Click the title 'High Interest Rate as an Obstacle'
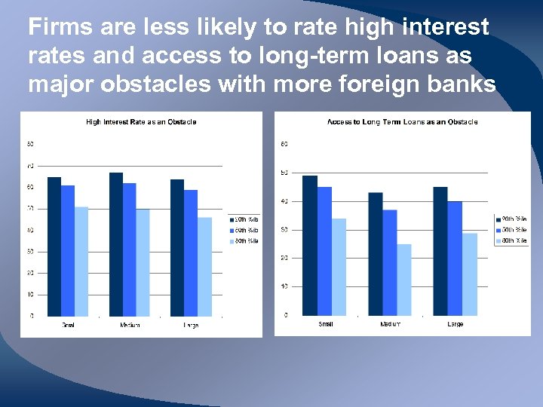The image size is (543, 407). click(x=141, y=122)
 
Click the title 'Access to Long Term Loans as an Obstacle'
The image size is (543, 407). click(x=402, y=122)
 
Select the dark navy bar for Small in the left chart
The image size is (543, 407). click(x=54, y=246)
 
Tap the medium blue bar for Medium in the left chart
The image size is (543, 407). click(x=129, y=249)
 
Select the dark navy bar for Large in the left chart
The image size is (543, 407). click(x=177, y=247)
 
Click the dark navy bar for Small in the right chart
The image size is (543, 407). click(x=310, y=245)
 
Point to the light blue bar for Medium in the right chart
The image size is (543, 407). click(x=404, y=280)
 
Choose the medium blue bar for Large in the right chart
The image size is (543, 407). click(x=455, y=258)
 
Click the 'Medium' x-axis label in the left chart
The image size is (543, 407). click(x=130, y=325)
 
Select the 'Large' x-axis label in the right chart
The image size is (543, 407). click(x=456, y=324)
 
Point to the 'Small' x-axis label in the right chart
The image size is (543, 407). click(x=325, y=324)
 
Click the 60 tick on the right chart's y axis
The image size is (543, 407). click(x=284, y=144)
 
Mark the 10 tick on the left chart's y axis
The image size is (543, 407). click(x=30, y=294)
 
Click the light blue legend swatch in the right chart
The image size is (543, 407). click(x=498, y=241)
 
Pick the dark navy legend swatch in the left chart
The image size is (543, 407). click(x=232, y=219)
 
